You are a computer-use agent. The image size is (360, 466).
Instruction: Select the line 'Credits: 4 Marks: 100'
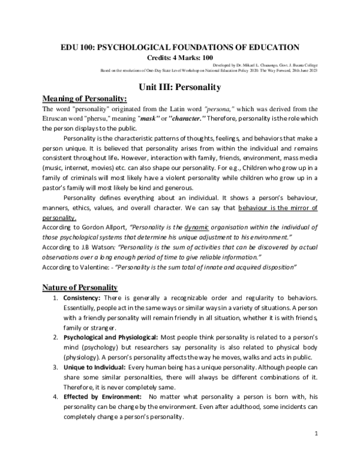[x=179, y=57]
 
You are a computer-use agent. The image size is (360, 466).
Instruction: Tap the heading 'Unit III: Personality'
[x=180, y=86]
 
